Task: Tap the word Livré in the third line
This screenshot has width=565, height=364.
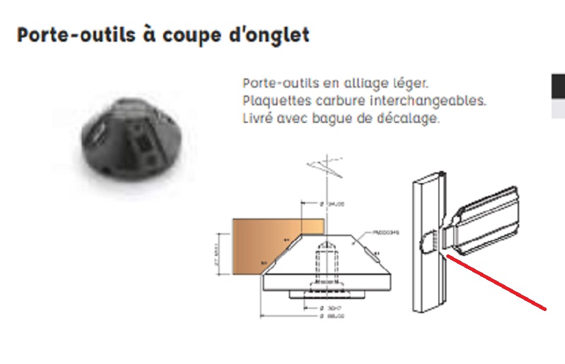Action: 258,118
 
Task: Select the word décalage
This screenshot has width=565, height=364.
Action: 412,118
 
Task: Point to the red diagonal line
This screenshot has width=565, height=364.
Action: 497,283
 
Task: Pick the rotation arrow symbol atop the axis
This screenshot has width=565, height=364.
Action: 324,168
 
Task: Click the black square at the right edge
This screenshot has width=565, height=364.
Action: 558,86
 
